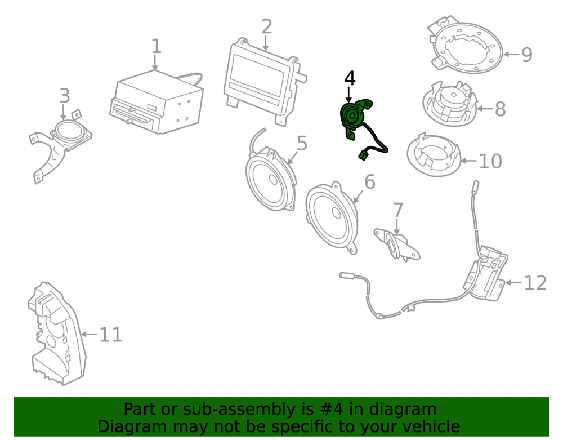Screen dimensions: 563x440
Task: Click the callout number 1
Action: (156, 46)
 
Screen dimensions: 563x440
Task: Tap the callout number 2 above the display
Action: (267, 26)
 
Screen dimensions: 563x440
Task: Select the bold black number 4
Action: (350, 78)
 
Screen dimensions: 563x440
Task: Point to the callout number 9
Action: (526, 55)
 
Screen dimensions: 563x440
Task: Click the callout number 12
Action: (535, 283)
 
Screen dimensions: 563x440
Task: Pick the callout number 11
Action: (110, 335)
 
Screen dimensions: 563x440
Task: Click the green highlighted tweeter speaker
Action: (355, 118)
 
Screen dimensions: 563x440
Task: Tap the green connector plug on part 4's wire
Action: (363, 155)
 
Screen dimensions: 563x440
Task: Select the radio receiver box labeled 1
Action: (156, 103)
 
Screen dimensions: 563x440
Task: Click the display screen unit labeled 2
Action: (264, 81)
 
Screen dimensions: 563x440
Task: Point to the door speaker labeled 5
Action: (271, 178)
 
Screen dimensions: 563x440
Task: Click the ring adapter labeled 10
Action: (434, 155)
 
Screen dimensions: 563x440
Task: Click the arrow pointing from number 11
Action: (89, 335)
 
